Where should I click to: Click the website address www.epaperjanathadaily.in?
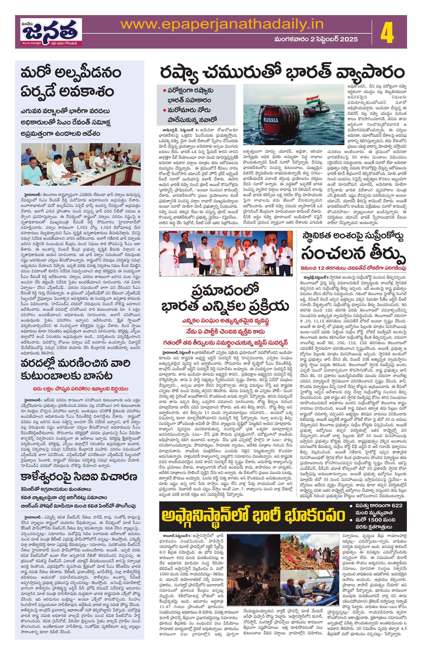click(x=222, y=25)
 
